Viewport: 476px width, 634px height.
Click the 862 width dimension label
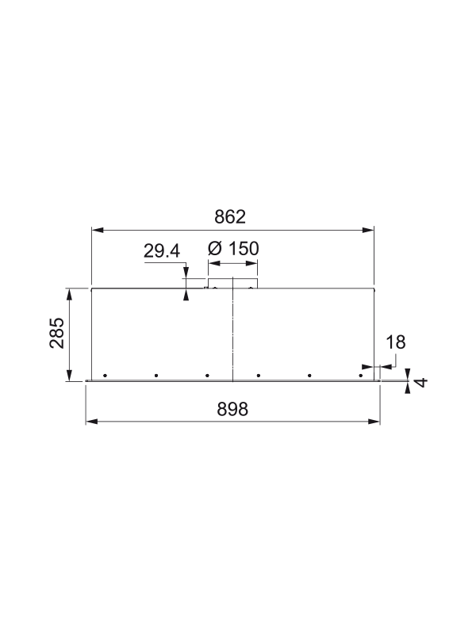click(x=232, y=216)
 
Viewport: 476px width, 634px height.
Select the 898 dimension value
click(x=232, y=409)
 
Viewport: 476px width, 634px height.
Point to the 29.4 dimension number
click(x=162, y=251)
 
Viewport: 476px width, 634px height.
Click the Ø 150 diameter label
click(x=232, y=249)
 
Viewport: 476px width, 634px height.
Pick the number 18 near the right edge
click(x=395, y=342)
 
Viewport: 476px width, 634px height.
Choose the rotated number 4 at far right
click(x=421, y=381)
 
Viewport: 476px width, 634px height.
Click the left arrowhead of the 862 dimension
click(x=96, y=231)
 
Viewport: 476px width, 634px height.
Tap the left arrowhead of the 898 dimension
click(x=90, y=422)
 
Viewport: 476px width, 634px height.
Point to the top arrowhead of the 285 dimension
click(x=71, y=293)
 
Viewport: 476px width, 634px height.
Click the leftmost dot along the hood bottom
click(x=105, y=375)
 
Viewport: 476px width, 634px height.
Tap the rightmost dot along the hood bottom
click(x=361, y=375)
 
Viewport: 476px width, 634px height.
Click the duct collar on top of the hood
click(x=232, y=283)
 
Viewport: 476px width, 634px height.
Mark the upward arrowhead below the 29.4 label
click(x=186, y=296)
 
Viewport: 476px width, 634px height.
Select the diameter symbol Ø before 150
click(x=214, y=249)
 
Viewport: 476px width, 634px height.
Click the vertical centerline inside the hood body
click(x=232, y=333)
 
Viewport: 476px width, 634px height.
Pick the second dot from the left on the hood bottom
click(x=156, y=375)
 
